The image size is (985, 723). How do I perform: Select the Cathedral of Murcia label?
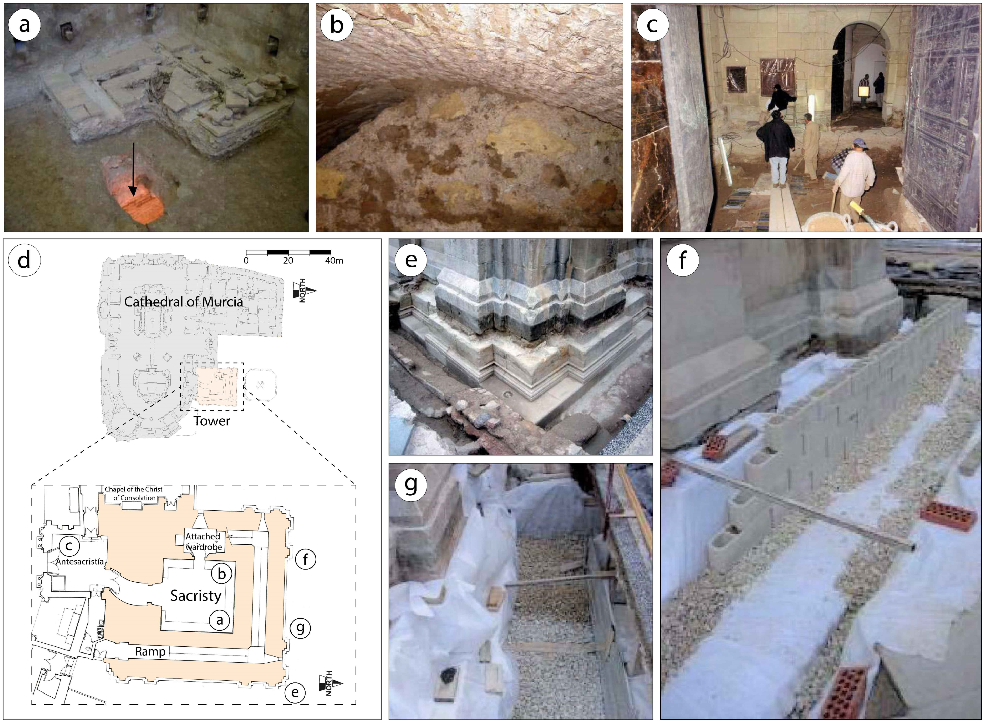[x=183, y=302]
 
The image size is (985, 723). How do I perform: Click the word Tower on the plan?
[x=212, y=421]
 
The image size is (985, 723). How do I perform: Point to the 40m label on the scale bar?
[x=334, y=261]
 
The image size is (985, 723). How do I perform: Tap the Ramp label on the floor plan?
[x=150, y=652]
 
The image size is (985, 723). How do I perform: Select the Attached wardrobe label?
[x=203, y=541]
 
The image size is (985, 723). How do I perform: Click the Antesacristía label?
[x=80, y=562]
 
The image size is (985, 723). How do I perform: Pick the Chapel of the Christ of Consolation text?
[x=134, y=493]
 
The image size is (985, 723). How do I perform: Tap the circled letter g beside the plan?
[x=300, y=628]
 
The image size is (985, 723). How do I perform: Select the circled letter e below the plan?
[x=295, y=692]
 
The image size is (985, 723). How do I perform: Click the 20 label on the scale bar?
[x=288, y=261]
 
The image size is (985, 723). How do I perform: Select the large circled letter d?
[x=24, y=260]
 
